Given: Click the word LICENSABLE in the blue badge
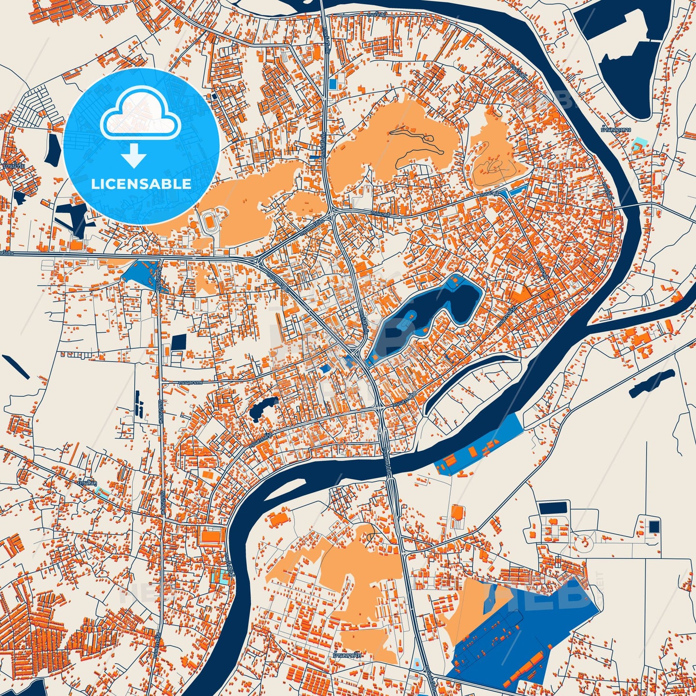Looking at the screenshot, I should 141,184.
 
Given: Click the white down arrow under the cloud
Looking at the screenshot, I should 134,155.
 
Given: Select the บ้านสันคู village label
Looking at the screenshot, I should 87,482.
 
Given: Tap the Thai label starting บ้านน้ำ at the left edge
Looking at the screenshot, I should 13,166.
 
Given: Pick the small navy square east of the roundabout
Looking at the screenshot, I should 654,526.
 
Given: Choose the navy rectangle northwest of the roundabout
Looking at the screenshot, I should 553,508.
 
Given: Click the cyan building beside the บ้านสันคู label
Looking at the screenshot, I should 102,492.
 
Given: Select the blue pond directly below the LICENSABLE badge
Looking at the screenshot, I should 140,273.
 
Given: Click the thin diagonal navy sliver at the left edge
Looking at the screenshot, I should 15,366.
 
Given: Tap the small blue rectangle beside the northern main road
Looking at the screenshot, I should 332,83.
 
